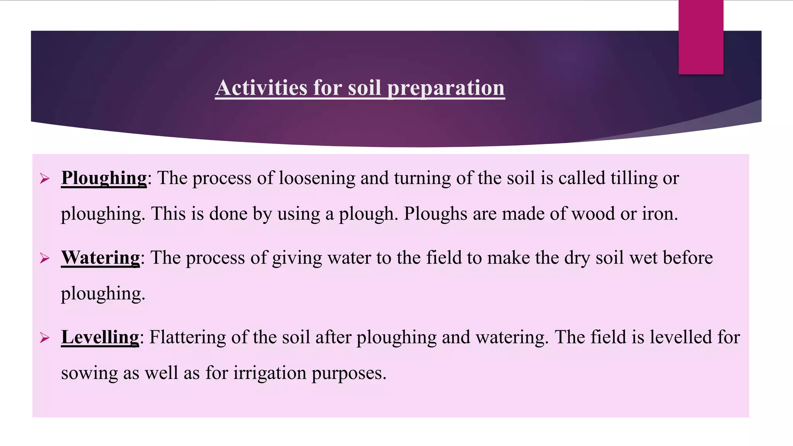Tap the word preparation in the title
click(446, 88)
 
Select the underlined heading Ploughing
click(104, 178)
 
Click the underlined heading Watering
click(100, 258)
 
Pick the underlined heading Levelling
click(100, 337)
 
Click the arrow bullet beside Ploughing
click(45, 179)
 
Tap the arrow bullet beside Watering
click(45, 258)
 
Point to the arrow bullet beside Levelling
click(45, 338)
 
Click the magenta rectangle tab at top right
click(701, 37)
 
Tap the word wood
click(593, 214)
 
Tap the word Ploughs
click(435, 214)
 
